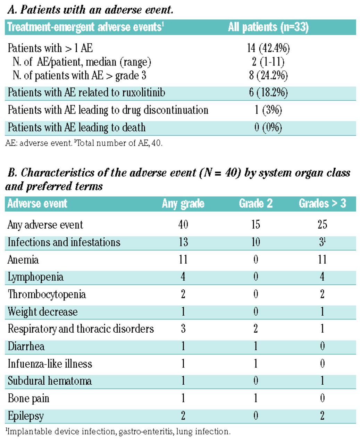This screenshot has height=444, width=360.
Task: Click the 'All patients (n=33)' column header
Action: tap(268, 27)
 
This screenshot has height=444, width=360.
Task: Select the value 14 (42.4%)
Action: tap(268, 48)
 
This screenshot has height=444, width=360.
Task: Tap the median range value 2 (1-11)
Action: tap(268, 62)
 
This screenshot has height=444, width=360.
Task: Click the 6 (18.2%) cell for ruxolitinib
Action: tap(268, 93)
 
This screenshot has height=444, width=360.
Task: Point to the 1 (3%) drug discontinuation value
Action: tap(268, 110)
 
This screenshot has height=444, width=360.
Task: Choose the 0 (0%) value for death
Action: tap(268, 127)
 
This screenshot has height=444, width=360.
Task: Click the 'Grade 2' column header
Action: tap(256, 204)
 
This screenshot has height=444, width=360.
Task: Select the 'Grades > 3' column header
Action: tap(322, 204)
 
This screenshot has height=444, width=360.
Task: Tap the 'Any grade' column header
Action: tap(183, 204)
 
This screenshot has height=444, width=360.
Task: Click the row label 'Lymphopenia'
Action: tap(35, 277)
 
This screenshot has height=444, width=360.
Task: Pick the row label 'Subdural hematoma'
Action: tap(50, 381)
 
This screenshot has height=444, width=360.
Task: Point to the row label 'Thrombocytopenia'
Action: tap(47, 294)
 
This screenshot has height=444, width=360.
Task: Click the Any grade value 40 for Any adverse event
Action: tap(183, 224)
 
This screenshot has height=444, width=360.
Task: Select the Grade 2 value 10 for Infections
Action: tap(256, 242)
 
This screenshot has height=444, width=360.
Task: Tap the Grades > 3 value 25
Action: tap(322, 224)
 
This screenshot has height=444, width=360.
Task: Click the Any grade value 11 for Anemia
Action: tap(183, 259)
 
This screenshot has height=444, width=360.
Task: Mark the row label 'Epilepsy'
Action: tap(26, 416)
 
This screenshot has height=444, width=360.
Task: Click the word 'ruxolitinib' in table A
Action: tap(143, 93)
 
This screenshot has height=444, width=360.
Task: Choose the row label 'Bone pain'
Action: tap(28, 398)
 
